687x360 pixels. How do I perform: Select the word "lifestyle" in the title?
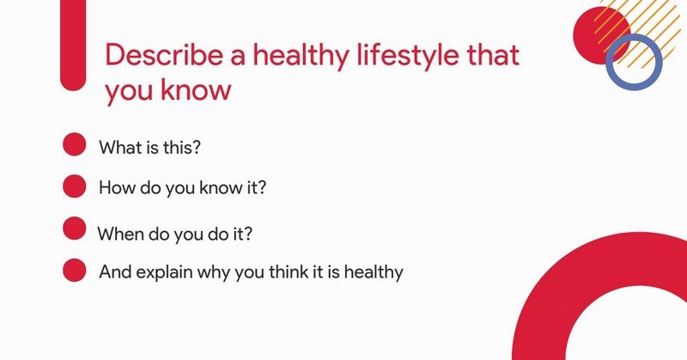[404, 56]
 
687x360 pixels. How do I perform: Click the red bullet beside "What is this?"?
[75, 144]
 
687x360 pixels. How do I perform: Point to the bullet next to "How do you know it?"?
[75, 186]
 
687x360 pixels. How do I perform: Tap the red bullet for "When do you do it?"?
[75, 229]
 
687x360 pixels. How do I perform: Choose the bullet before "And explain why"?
[75, 271]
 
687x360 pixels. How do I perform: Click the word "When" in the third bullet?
[119, 234]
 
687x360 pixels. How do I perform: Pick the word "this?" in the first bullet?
[182, 146]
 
